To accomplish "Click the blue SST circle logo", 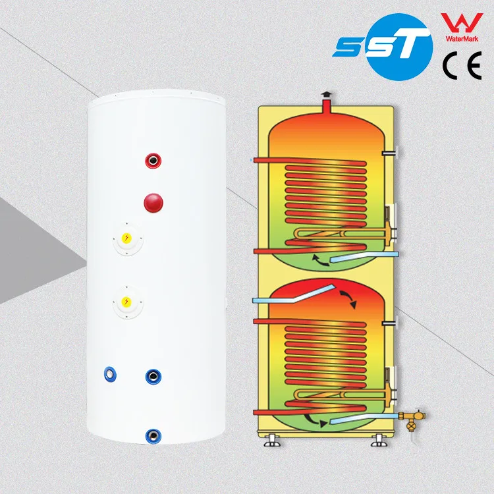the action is coord(400,47).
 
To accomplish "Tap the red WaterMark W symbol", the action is coord(462,22).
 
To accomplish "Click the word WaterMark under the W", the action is coord(462,39).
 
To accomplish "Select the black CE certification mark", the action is coord(462,65).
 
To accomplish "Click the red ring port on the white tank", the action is coord(153,161).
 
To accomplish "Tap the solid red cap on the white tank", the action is coord(153,203).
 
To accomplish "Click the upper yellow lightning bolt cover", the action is coord(126,238).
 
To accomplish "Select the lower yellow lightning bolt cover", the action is coord(126,302).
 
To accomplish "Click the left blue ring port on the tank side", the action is coord(110,374).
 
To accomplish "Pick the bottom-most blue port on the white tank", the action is coord(153,436).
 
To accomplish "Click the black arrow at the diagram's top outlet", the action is coord(327,94).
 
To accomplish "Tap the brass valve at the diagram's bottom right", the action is coord(412,420).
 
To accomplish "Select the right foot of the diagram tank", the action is coord(379,441).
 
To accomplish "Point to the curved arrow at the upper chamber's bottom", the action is coord(320,261).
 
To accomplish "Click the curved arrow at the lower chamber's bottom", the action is coord(316,421).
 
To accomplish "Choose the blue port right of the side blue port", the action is coord(153,377).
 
